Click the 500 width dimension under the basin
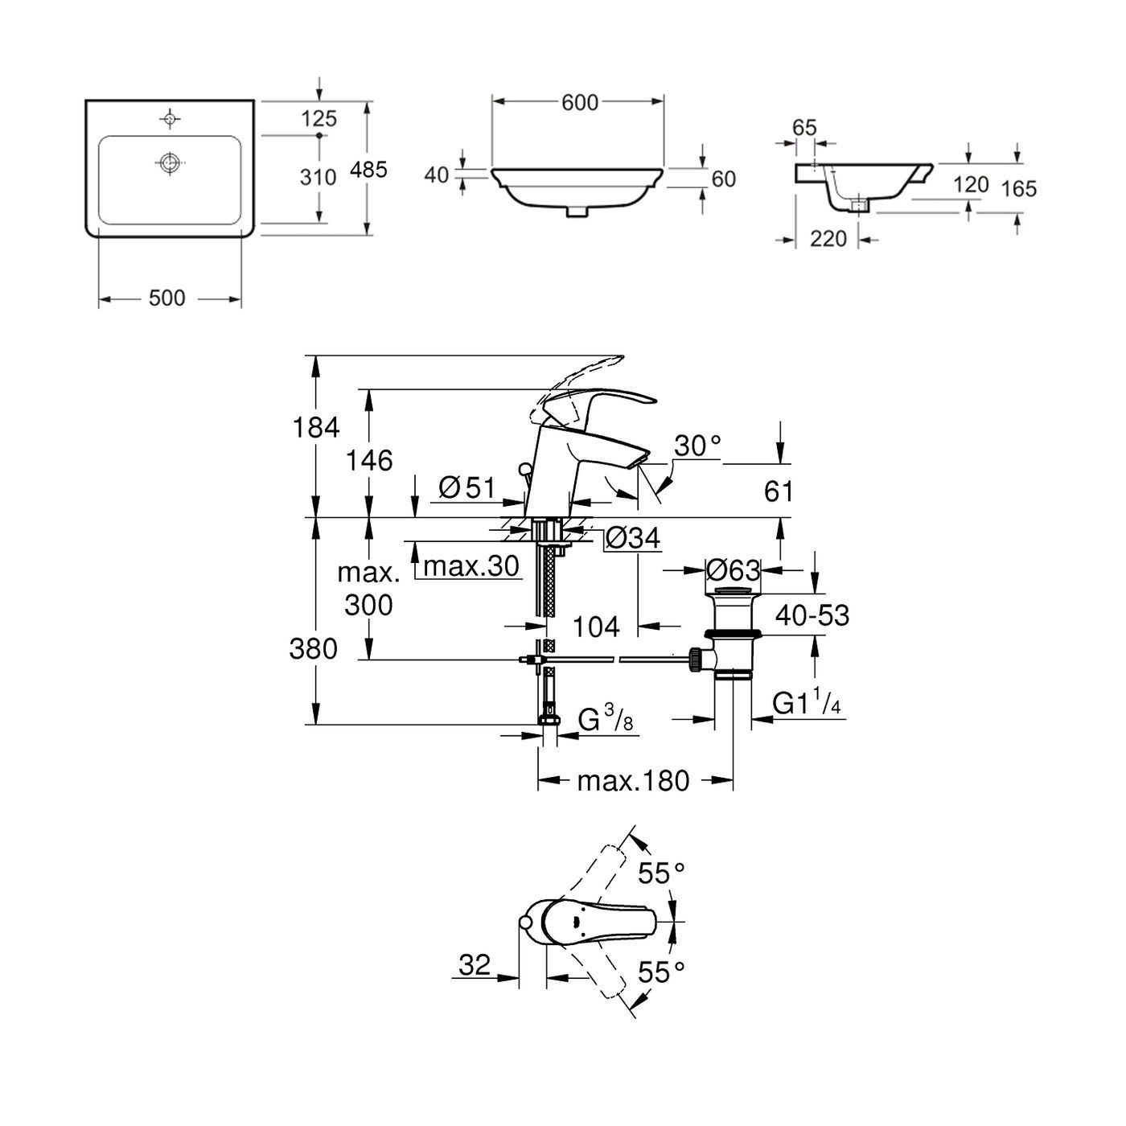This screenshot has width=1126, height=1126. pos(167,298)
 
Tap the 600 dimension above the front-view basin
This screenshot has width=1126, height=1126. pos(580,102)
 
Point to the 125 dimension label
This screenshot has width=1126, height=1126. pos(318,119)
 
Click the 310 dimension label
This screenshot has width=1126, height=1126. pos(318,177)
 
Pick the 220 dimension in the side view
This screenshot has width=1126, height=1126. pos(828,239)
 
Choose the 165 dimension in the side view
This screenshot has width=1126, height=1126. pos(1019,189)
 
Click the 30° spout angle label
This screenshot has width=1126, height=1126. pos(697,446)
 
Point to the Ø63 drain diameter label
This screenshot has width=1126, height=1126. pos(732,570)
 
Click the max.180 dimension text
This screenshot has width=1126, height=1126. pos(633,780)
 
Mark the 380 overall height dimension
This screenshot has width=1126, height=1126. pos(314,648)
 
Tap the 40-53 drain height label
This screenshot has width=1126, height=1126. pos(812,615)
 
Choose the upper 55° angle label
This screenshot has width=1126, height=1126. pos(661,872)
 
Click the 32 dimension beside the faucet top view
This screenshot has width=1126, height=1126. pos(475,964)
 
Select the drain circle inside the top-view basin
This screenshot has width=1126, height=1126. pos(169,163)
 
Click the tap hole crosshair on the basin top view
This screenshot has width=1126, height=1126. pos(169,119)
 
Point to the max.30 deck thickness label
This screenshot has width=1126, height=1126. pos(471,566)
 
